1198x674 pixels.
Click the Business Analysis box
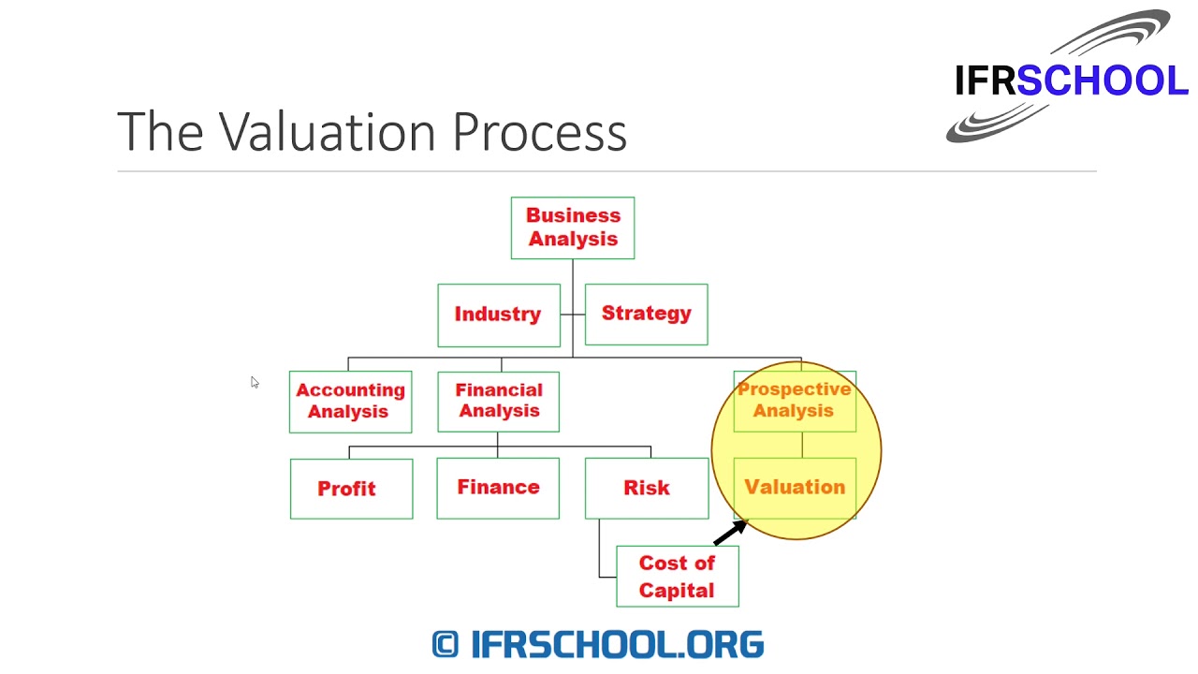click(x=573, y=227)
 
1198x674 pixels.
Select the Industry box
click(x=499, y=315)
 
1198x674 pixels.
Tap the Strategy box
click(x=646, y=314)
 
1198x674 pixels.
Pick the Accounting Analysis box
click(x=350, y=402)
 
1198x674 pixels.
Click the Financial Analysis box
click(x=498, y=401)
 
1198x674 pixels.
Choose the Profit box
click(x=351, y=488)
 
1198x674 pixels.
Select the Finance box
click(x=498, y=488)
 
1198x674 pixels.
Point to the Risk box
click(x=646, y=488)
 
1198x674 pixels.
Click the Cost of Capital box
click(x=677, y=577)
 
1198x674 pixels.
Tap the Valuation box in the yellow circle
click(x=795, y=487)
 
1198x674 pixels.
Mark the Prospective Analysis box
click(x=795, y=401)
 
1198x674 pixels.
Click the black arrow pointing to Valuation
click(x=730, y=533)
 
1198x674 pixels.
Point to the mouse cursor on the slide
click(x=255, y=382)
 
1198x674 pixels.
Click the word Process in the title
click(x=539, y=132)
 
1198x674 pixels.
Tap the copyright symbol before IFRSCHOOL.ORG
click(x=446, y=644)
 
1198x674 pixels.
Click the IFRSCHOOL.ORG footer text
click(x=618, y=644)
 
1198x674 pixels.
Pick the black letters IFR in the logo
click(x=985, y=81)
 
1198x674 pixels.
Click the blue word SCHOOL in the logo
click(x=1103, y=81)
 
